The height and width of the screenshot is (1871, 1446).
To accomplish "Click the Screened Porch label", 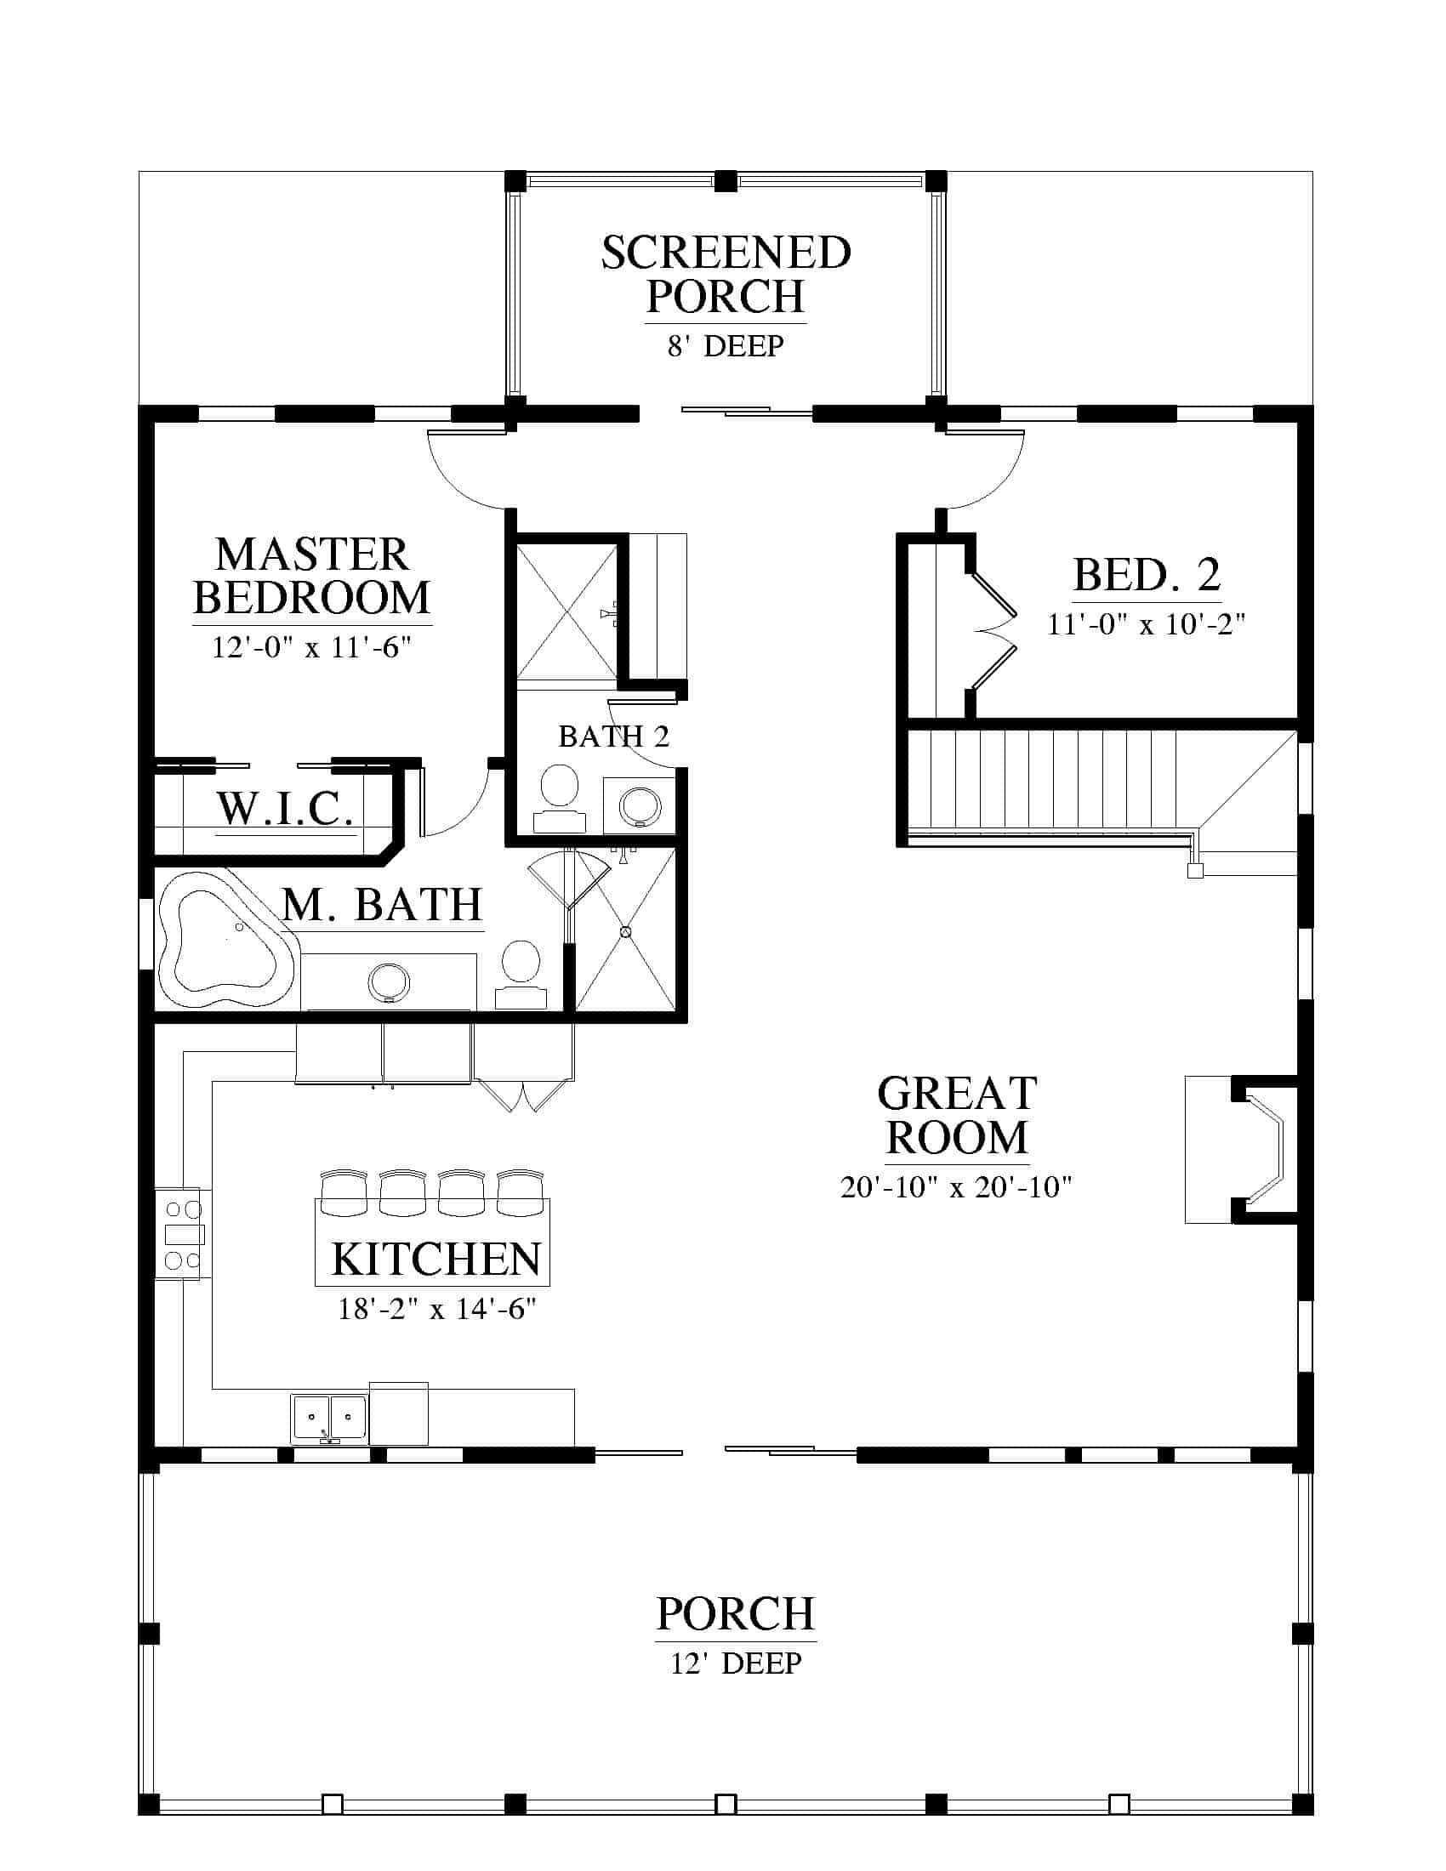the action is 726,275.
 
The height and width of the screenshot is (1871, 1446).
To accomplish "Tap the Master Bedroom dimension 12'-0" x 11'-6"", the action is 312,647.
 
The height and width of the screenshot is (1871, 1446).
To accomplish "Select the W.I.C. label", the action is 285,808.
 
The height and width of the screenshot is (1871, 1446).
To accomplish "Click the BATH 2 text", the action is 613,736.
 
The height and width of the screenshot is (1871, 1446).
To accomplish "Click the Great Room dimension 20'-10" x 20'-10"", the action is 956,1187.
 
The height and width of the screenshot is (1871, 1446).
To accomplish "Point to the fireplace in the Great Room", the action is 1242,1149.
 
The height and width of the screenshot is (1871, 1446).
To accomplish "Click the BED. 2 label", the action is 1147,575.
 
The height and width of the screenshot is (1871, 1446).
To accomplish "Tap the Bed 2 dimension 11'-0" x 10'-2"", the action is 1147,623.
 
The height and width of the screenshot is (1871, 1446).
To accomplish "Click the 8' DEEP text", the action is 726,346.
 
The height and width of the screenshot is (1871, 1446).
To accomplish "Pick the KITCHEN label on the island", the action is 436,1259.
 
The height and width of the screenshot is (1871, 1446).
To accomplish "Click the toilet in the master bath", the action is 521,975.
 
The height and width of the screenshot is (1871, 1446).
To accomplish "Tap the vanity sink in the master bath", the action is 389,981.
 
